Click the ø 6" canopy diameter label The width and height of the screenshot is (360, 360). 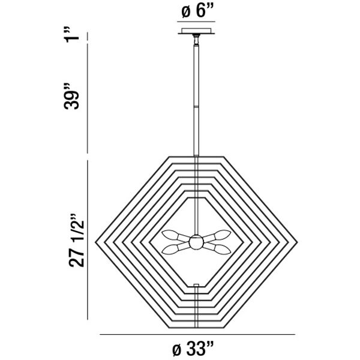[x=196, y=11]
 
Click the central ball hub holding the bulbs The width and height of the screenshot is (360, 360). [x=196, y=242]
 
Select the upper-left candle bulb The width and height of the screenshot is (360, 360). [x=173, y=235]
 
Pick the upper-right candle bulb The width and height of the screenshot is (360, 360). [x=220, y=235]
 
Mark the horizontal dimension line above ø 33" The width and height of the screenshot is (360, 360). [x=196, y=334]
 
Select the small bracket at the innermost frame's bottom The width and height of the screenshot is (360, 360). [x=196, y=285]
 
